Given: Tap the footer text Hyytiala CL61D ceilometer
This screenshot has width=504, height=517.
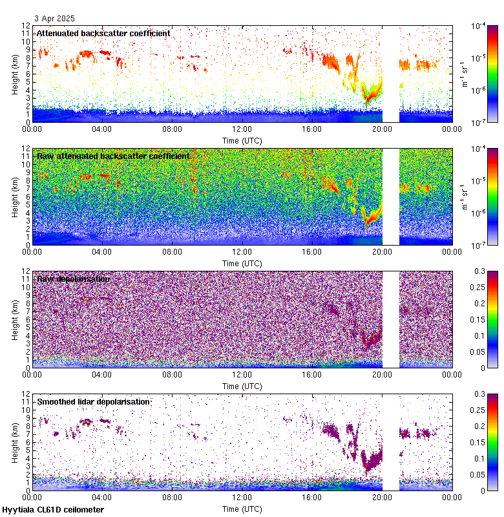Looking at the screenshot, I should pos(53,510).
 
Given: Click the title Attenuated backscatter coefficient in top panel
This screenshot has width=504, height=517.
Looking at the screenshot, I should pos(103,33).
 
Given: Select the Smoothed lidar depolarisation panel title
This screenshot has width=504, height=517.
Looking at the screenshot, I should pos(94,401).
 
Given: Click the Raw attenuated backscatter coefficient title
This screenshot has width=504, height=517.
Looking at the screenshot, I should pos(113,156).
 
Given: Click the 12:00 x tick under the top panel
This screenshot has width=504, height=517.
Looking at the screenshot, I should pos(242,128).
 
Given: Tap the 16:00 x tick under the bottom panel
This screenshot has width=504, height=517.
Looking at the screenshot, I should pos(312,496).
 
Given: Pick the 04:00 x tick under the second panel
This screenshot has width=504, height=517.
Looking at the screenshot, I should pos(102,251).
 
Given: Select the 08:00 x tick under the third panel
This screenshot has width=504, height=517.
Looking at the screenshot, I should pos(172,374).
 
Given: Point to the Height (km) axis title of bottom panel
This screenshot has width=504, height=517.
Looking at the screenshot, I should pos(16,441).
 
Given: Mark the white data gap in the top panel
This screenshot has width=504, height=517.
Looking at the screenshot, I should pos(390,74).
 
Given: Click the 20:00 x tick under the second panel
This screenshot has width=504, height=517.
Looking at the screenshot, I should pos(382,251).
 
